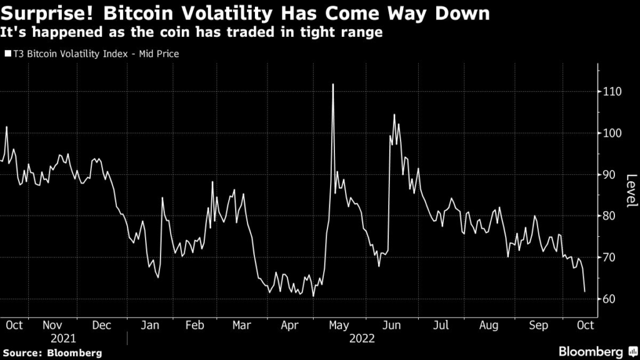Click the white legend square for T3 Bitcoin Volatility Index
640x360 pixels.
(x=7, y=54)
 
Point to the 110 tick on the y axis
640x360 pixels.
(x=612, y=92)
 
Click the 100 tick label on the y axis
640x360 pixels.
(x=612, y=133)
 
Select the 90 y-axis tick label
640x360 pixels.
(x=609, y=175)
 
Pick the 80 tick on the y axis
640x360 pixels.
(x=609, y=216)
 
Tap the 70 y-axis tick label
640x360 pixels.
(x=609, y=257)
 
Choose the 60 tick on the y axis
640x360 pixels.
(x=609, y=299)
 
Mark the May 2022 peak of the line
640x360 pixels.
(x=332, y=84)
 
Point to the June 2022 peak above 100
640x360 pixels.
(x=394, y=115)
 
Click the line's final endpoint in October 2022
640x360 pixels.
(x=584, y=291)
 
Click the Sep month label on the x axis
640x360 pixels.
(x=539, y=325)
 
